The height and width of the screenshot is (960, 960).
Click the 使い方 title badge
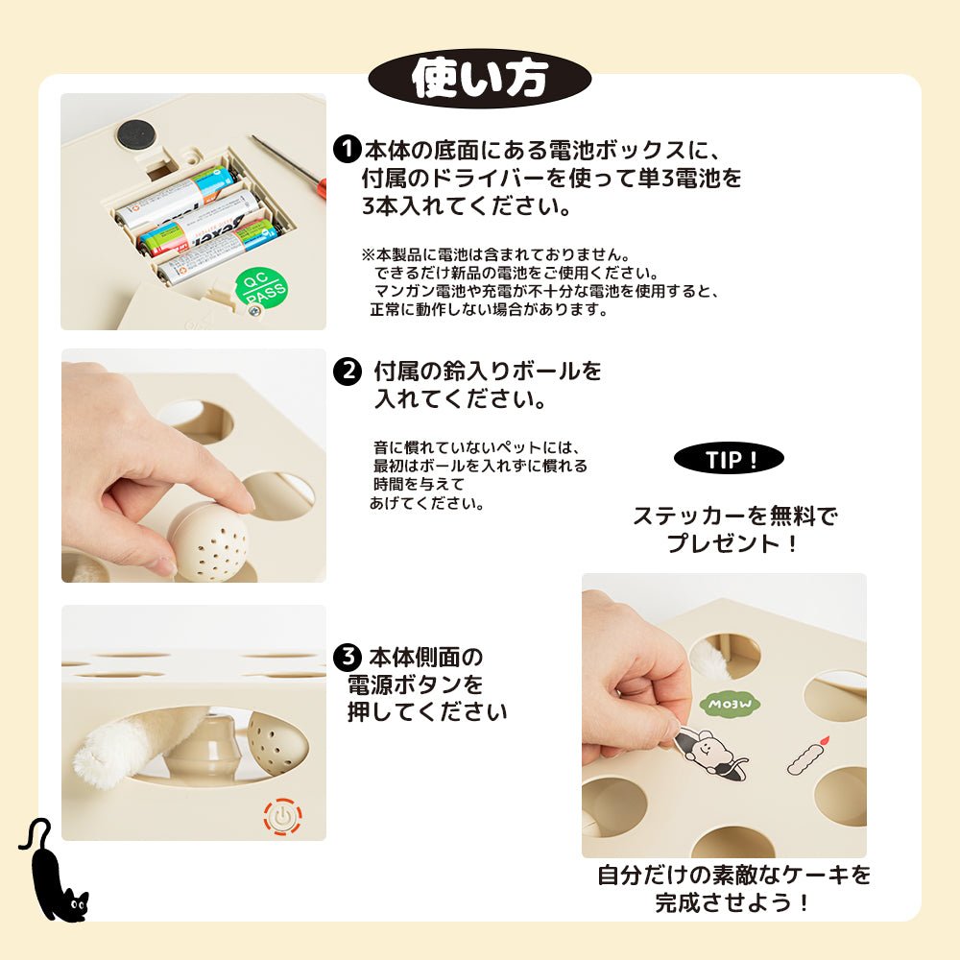pyautogui.click(x=479, y=79)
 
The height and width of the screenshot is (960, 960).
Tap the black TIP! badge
pyautogui.click(x=729, y=459)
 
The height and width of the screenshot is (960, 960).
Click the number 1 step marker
pyautogui.click(x=347, y=149)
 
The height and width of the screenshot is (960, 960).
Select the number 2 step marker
pyautogui.click(x=348, y=371)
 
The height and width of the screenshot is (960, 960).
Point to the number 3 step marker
pyautogui.click(x=348, y=657)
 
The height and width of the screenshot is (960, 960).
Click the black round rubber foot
pyautogui.click(x=137, y=132)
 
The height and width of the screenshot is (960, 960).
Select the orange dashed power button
pyautogui.click(x=283, y=816)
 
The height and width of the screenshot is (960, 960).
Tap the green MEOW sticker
pyautogui.click(x=730, y=704)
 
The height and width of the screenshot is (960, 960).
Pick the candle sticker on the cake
pyautogui.click(x=807, y=756)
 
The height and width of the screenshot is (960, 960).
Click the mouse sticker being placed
pyautogui.click(x=710, y=752)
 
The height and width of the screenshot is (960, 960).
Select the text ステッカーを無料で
pyautogui.click(x=734, y=516)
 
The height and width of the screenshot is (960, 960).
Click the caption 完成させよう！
pyautogui.click(x=732, y=902)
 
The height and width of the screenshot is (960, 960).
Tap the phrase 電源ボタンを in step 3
pyautogui.click(x=415, y=684)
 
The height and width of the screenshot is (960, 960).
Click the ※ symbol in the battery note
pyautogui.click(x=368, y=254)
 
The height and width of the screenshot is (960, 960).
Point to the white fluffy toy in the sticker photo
pyautogui.click(x=711, y=656)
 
